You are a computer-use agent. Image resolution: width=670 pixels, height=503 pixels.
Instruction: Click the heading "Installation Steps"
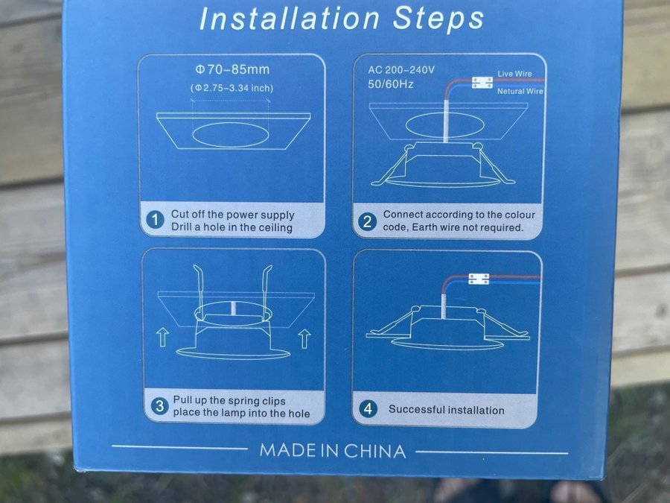342,19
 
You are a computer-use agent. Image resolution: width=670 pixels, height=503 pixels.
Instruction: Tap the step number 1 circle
155,220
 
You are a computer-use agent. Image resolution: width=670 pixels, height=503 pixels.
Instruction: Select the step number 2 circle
367,221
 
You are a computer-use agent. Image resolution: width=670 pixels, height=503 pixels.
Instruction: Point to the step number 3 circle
160,405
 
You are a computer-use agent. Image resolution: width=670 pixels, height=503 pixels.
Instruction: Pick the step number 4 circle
368,409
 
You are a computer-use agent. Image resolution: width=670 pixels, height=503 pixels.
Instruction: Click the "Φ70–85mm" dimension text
233,69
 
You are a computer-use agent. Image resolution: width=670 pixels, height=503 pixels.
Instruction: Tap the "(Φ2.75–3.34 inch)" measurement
232,88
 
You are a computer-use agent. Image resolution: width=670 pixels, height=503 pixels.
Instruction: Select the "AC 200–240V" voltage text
401,70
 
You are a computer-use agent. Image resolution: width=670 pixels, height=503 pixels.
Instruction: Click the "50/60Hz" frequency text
391,84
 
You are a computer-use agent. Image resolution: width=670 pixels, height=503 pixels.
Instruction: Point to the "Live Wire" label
514,74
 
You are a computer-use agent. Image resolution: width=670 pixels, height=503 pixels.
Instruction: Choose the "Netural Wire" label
520,91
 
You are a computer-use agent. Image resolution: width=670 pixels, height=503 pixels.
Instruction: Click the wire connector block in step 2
482,83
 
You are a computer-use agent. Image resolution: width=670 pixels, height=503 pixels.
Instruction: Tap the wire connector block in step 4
479,279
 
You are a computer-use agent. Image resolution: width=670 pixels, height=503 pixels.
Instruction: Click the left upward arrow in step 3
163,337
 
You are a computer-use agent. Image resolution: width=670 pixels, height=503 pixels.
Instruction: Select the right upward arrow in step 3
304,339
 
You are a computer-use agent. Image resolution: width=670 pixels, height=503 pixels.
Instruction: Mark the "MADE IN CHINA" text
333,451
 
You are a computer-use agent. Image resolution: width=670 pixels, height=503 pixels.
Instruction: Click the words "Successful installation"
447,410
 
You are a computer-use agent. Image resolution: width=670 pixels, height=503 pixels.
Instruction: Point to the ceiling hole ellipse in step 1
231,134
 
